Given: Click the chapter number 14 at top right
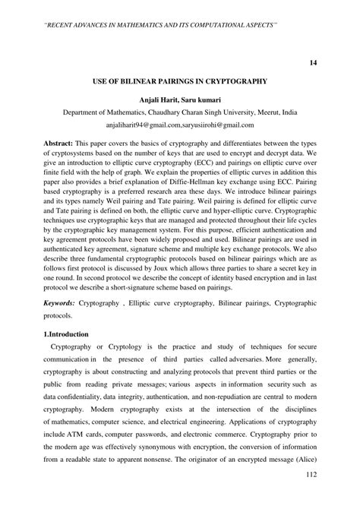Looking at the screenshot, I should [x=312, y=62].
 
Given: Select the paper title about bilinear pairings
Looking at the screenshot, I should [x=180, y=80].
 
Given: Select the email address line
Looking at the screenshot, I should [x=180, y=125].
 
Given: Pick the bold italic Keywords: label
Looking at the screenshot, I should [x=64, y=302].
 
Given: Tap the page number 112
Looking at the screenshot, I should [x=310, y=496].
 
